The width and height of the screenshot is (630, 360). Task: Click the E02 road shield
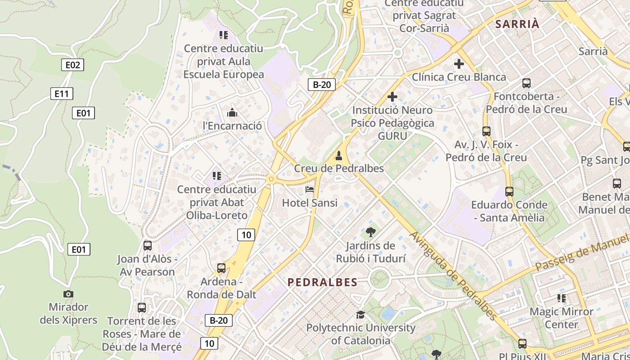click(72, 65)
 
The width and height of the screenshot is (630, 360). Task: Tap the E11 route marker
click(62, 94)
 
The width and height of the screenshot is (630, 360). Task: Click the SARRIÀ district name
click(517, 24)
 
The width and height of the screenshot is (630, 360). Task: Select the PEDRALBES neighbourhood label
click(322, 282)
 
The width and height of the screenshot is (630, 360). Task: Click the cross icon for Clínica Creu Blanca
click(459, 64)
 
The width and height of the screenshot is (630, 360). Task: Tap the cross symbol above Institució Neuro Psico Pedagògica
click(392, 97)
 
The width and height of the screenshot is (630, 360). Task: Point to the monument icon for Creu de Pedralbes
click(339, 156)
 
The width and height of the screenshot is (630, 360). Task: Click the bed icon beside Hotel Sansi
click(310, 189)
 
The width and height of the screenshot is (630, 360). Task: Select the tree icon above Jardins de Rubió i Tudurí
click(371, 232)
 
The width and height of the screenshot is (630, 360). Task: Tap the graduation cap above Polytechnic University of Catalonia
click(360, 314)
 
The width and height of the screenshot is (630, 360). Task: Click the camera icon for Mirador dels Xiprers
click(68, 294)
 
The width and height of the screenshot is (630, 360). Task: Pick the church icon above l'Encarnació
click(232, 112)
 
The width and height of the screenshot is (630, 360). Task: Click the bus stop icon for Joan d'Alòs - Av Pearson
click(147, 246)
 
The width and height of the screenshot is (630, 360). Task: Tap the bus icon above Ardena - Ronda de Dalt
click(221, 268)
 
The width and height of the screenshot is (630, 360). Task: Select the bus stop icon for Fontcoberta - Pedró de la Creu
click(526, 83)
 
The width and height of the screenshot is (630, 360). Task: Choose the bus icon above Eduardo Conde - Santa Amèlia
click(509, 192)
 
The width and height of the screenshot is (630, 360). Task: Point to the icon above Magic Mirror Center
click(561, 298)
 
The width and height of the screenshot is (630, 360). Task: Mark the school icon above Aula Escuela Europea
click(224, 35)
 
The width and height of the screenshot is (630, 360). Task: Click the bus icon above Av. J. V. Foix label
click(486, 131)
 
